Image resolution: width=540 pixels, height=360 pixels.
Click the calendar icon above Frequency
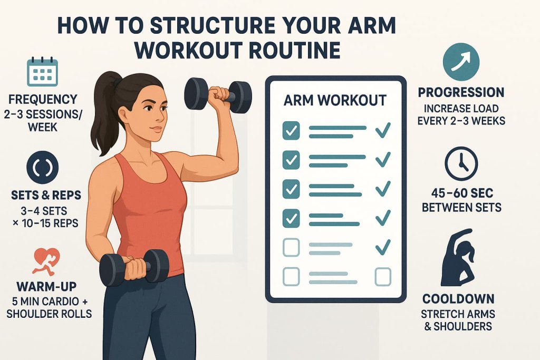(42, 72)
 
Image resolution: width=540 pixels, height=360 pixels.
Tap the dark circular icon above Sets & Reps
(42, 167)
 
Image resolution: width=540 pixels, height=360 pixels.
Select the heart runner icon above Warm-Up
(46, 261)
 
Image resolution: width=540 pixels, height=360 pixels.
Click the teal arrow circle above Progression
(461, 62)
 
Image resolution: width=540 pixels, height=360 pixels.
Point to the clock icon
(461, 164)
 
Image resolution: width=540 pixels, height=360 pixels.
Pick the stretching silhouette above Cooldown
(458, 257)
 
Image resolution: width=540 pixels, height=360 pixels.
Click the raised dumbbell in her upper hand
(218, 95)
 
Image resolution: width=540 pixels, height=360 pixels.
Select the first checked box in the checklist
(291, 131)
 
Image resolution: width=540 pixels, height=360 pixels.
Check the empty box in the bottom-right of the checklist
(383, 277)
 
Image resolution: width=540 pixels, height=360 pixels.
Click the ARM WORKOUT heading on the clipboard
(335, 101)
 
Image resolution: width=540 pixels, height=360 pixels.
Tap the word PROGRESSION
(461, 92)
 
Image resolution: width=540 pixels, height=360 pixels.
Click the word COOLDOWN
(458, 299)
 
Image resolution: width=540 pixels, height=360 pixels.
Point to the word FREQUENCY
(43, 99)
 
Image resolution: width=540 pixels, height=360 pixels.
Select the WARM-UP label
(46, 286)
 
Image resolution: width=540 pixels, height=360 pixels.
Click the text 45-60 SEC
(462, 193)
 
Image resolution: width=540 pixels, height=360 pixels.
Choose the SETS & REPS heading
(46, 195)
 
